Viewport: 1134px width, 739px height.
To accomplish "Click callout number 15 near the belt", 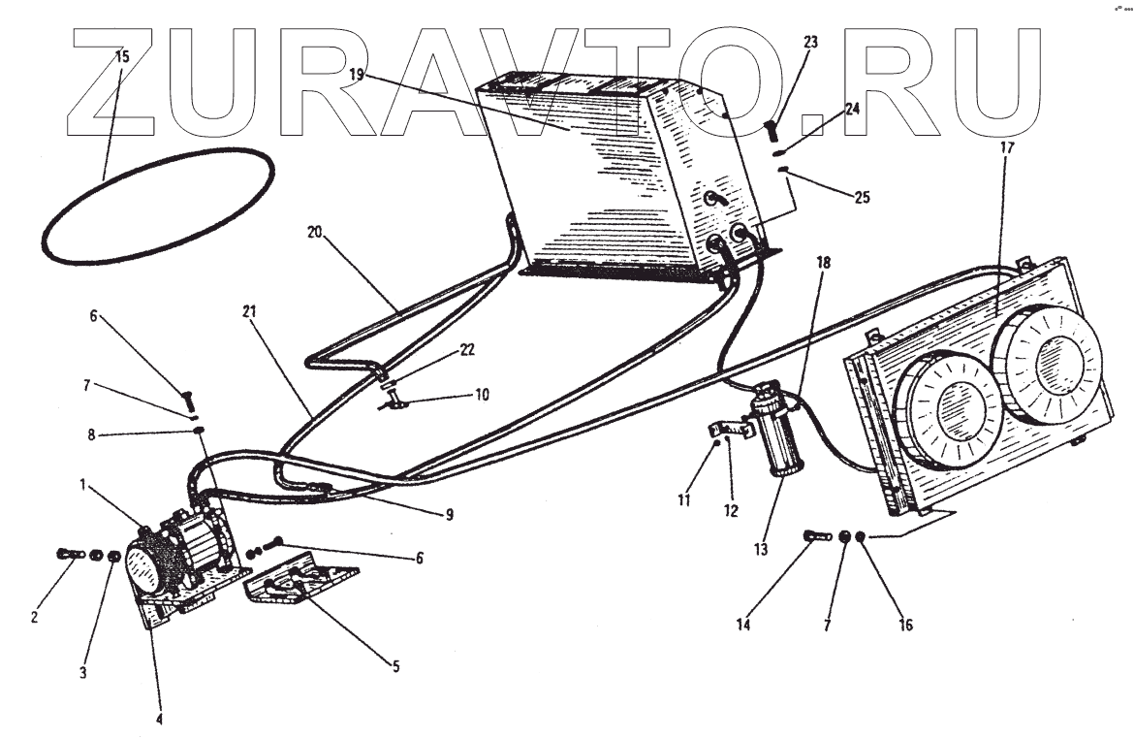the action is [121, 56].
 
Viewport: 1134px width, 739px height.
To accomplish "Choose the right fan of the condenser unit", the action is [1053, 355].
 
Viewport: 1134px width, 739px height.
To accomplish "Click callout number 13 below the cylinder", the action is [761, 549].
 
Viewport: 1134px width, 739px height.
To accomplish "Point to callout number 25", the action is [862, 197].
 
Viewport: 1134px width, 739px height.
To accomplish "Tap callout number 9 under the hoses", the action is [448, 515].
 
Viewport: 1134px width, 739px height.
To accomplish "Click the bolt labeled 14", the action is [816, 535].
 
